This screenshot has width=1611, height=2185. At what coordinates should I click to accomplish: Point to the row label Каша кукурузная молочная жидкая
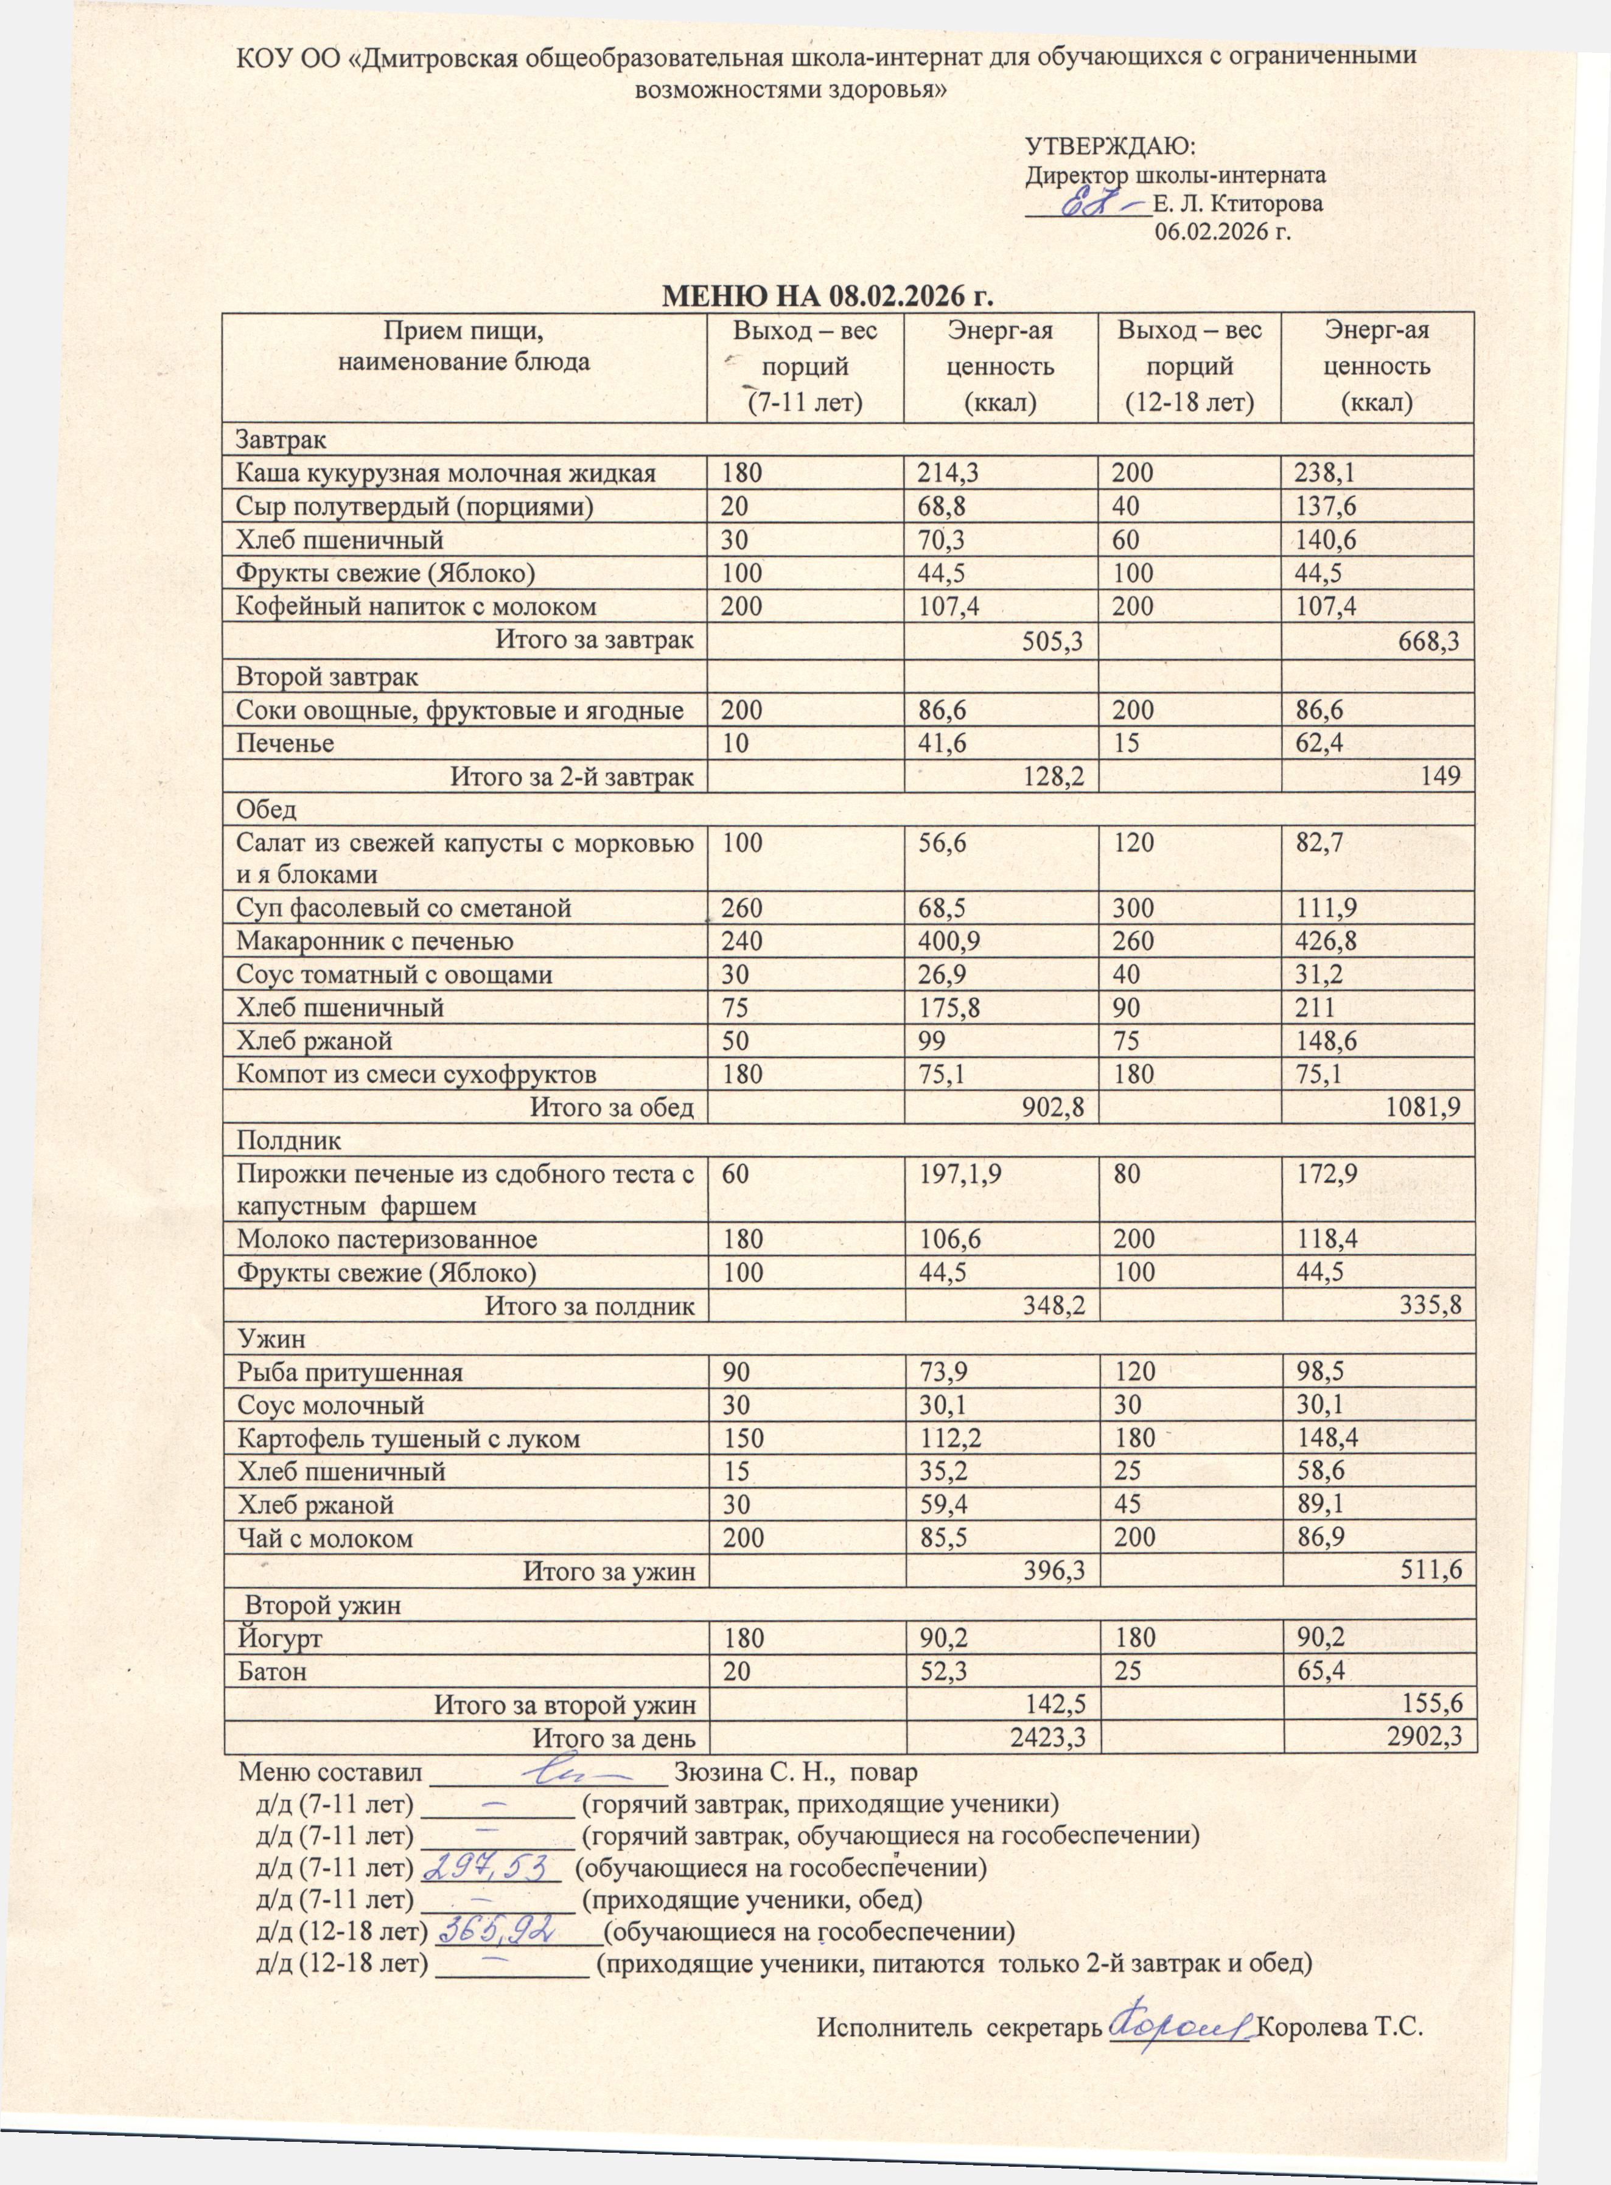(x=446, y=474)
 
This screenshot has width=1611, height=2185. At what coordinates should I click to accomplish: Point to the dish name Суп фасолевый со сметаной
(x=404, y=908)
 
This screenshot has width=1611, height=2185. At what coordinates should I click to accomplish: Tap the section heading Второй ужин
(x=322, y=1605)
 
